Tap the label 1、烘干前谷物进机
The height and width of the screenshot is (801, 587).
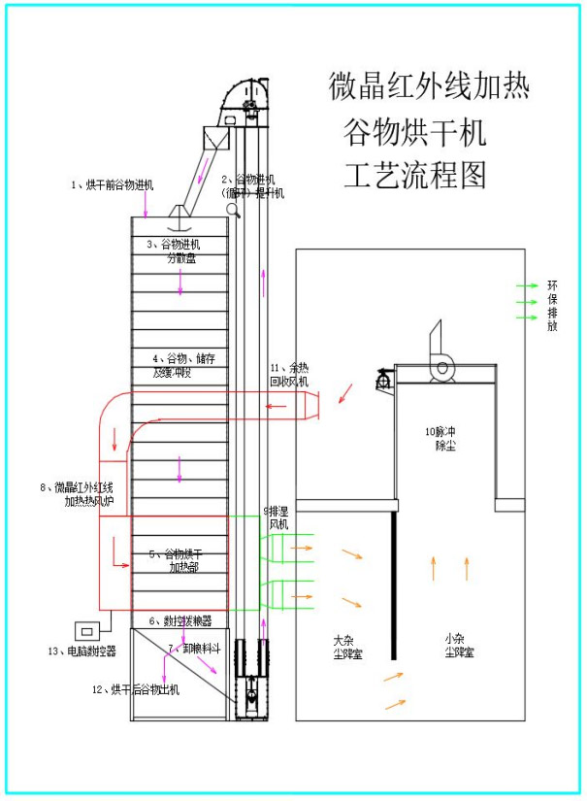(112, 184)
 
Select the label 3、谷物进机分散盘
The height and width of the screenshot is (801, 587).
(175, 251)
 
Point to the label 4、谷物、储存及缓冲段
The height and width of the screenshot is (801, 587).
(184, 365)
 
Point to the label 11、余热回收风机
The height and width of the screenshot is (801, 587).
(288, 375)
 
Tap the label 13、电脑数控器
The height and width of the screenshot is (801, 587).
(82, 651)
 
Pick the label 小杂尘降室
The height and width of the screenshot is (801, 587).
(459, 646)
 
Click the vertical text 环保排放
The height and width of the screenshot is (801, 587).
(553, 306)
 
